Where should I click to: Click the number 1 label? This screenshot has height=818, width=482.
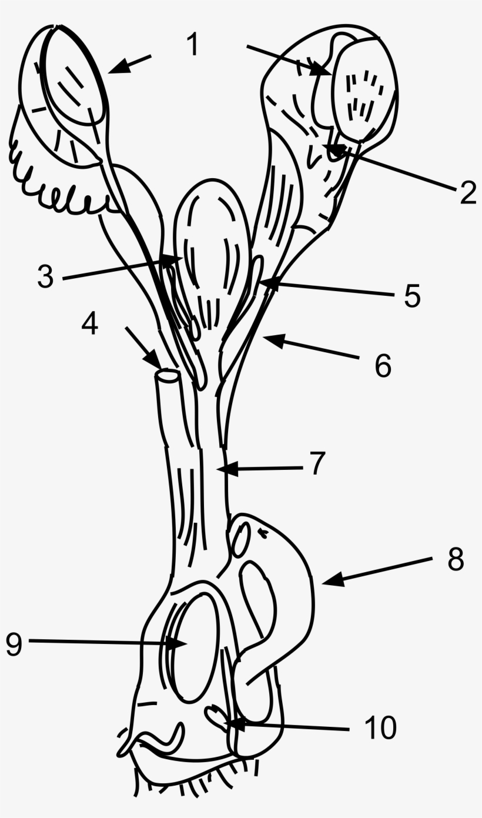[x=193, y=45]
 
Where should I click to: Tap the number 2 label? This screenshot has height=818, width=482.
[x=467, y=193]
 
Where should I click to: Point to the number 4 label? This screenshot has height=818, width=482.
[x=90, y=323]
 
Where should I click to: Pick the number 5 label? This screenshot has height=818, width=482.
[x=412, y=295]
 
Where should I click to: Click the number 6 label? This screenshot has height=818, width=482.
[x=383, y=366]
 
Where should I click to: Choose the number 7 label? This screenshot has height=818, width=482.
[x=317, y=463]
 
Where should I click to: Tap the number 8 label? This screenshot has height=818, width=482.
[x=455, y=560]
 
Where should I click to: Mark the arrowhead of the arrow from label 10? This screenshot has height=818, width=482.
[x=230, y=723]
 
